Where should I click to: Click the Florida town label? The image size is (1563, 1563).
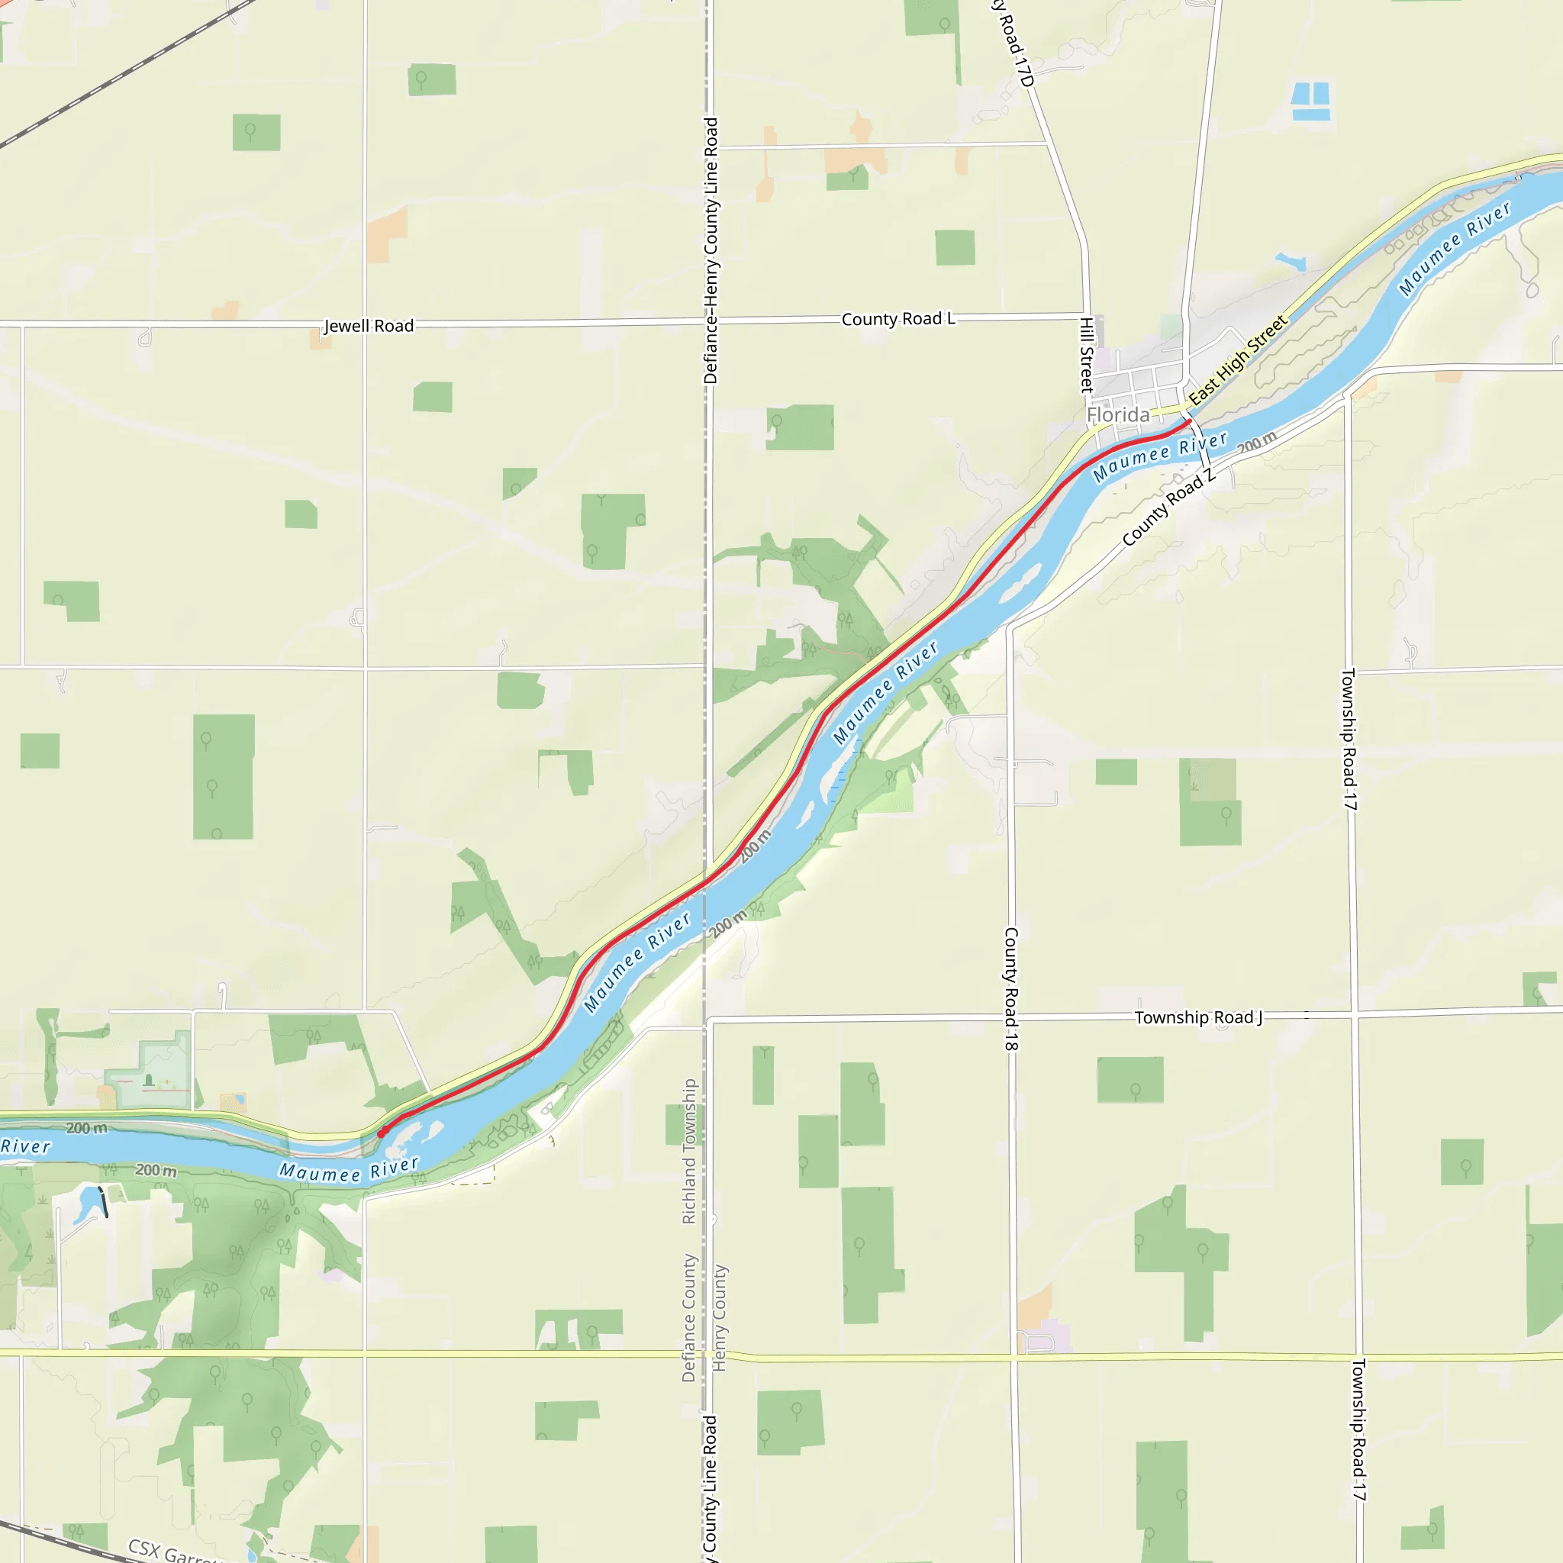1118,415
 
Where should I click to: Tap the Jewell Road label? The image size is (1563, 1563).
369,326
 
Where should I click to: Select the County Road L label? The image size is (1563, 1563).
898,319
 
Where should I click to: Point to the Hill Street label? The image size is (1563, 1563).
1088,354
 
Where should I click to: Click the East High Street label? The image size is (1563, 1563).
1237,360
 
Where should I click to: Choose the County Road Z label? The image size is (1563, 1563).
1169,508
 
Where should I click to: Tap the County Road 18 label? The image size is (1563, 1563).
1011,988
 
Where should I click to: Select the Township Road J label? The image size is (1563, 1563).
1198,1018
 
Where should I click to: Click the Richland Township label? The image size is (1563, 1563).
688,1151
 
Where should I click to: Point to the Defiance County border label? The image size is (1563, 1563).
688,1318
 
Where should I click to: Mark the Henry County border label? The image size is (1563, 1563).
719,1318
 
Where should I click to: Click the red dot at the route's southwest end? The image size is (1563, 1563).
381,1133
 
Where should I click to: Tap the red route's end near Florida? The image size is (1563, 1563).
1188,421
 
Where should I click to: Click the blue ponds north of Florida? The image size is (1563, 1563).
1310,102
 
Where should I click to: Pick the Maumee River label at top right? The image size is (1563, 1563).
1455,248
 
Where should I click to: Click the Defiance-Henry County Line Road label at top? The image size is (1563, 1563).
711,251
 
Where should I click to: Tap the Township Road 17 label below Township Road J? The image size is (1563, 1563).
1359,1430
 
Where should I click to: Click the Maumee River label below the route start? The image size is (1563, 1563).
350,1171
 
